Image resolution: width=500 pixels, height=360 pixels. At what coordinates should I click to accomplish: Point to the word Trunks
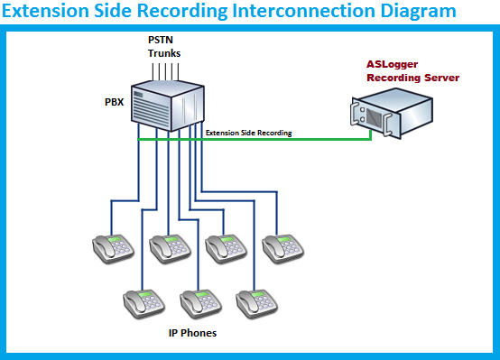pyautogui.click(x=164, y=53)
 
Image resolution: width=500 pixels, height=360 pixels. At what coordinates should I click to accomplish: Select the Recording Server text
pyautogui.click(x=412, y=78)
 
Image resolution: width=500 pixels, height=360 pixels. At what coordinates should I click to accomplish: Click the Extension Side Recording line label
pyautogui.click(x=248, y=133)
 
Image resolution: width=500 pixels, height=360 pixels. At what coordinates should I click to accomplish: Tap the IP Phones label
pyautogui.click(x=192, y=333)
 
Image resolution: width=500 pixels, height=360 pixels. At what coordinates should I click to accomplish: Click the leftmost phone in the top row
pyautogui.click(x=113, y=246)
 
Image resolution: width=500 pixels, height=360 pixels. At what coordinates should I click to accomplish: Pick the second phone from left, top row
pyautogui.click(x=170, y=246)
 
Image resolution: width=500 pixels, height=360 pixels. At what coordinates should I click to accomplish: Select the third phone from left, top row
pyautogui.click(x=226, y=246)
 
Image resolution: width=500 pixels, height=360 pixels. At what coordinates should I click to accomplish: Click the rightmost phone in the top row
pyautogui.click(x=282, y=246)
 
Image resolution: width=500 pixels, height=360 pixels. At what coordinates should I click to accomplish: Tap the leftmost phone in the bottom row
pyautogui.click(x=144, y=302)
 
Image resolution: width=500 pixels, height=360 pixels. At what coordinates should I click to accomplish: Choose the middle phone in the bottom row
pyautogui.click(x=200, y=302)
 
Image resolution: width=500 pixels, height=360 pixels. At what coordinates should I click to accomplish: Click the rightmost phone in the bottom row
pyautogui.click(x=256, y=302)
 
